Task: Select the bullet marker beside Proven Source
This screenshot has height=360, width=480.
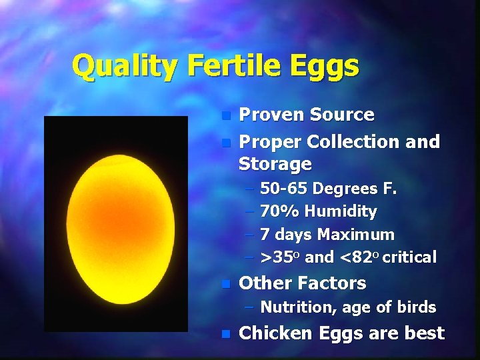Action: tap(226, 115)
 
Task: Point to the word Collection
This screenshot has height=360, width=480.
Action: tap(356, 141)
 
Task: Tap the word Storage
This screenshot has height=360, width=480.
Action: tap(275, 164)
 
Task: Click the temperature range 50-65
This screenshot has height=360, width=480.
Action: tap(284, 189)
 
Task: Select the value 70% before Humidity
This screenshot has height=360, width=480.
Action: tap(280, 212)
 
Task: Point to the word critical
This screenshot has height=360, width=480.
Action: tap(410, 257)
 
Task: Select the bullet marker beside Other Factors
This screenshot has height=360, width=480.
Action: tap(226, 283)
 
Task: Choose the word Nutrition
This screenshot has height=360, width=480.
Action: tap(299, 307)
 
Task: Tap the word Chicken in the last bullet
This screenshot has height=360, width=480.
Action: tap(275, 333)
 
